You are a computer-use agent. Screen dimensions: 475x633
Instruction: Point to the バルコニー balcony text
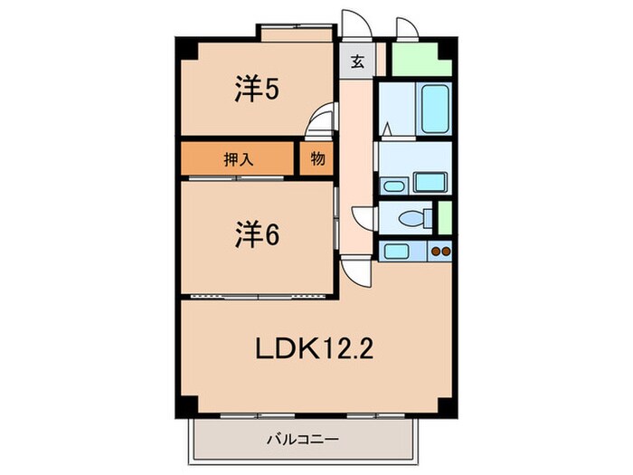click(303, 441)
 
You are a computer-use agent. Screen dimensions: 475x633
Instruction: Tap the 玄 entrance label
click(358, 62)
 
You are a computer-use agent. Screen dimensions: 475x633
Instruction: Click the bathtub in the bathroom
click(435, 108)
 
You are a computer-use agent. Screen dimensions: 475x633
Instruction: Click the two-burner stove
click(440, 252)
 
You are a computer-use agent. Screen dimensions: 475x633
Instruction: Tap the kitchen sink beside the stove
click(397, 252)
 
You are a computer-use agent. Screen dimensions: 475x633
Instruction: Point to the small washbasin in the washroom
click(394, 186)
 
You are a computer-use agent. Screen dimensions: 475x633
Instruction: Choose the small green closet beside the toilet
click(444, 216)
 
